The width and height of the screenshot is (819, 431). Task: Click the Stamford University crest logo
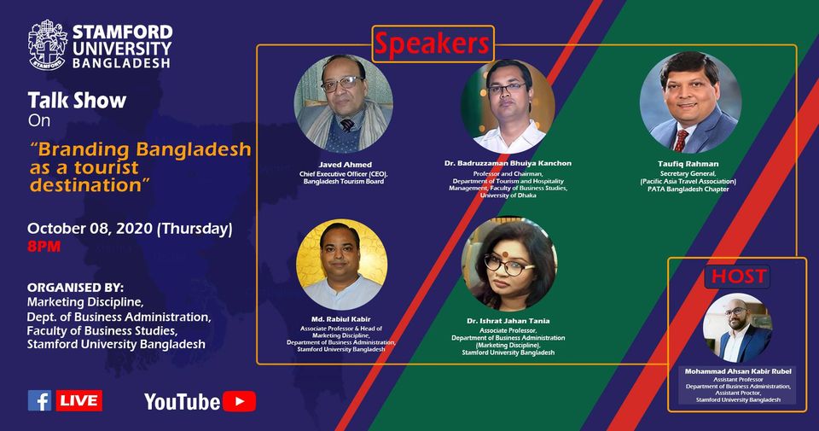click(x=47, y=44)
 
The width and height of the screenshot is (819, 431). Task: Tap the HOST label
click(x=735, y=277)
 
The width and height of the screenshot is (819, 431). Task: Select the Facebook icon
click(x=39, y=400)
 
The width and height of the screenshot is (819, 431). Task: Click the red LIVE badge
click(x=79, y=400)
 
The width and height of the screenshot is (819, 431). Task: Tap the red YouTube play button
click(x=241, y=401)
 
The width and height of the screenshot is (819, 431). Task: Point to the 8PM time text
click(x=44, y=247)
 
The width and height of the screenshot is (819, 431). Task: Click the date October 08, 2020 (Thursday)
click(x=130, y=229)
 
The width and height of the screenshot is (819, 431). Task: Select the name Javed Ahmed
click(x=344, y=163)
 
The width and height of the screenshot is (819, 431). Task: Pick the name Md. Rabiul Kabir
click(x=341, y=319)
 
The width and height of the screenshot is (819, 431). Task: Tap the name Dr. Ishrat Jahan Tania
click(x=508, y=321)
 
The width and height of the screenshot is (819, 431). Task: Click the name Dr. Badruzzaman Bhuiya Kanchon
click(x=508, y=163)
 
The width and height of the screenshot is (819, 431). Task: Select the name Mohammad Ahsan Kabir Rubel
click(x=737, y=372)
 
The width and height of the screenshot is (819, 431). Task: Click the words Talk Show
click(x=77, y=101)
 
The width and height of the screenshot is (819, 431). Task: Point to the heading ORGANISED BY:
click(x=75, y=287)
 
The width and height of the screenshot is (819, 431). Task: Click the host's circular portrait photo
click(x=737, y=328)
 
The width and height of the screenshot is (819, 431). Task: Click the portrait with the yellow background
click(x=341, y=265)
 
